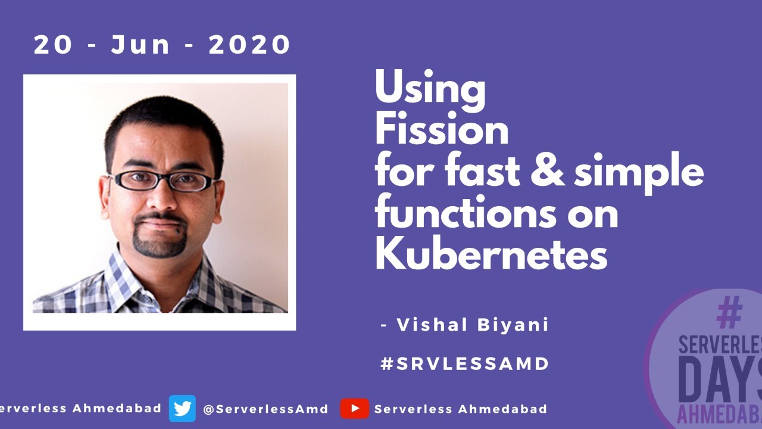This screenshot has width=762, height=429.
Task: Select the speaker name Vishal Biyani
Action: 472,325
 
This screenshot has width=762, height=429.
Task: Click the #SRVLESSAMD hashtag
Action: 464,363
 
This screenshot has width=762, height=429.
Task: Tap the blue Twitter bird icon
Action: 182,409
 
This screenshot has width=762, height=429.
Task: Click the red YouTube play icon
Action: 355,409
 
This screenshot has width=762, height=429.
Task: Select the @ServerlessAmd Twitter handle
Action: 266,409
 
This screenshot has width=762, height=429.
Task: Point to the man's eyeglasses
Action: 162,181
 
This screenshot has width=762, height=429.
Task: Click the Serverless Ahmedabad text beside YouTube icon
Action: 460,409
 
